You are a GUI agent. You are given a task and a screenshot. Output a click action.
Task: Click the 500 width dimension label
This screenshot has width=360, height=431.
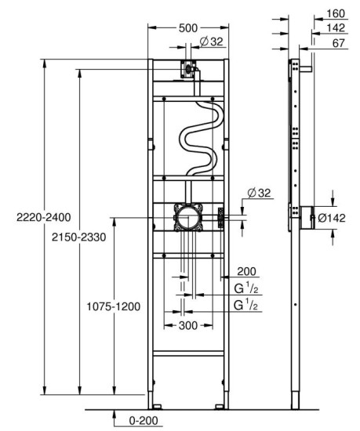click(x=188, y=27)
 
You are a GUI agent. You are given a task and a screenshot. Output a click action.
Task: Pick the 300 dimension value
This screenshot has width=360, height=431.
click(x=187, y=324)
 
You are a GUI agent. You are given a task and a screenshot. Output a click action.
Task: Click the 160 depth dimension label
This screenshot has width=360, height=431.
click(x=336, y=13)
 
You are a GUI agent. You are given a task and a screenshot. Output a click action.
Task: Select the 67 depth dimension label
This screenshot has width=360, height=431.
click(x=339, y=43)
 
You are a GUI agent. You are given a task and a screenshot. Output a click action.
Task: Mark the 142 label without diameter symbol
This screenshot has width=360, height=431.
click(x=336, y=28)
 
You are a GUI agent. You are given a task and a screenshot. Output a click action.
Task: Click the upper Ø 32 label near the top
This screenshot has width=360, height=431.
click(x=210, y=42)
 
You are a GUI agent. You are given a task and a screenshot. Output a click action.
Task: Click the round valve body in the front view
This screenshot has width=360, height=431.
click(x=188, y=215)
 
